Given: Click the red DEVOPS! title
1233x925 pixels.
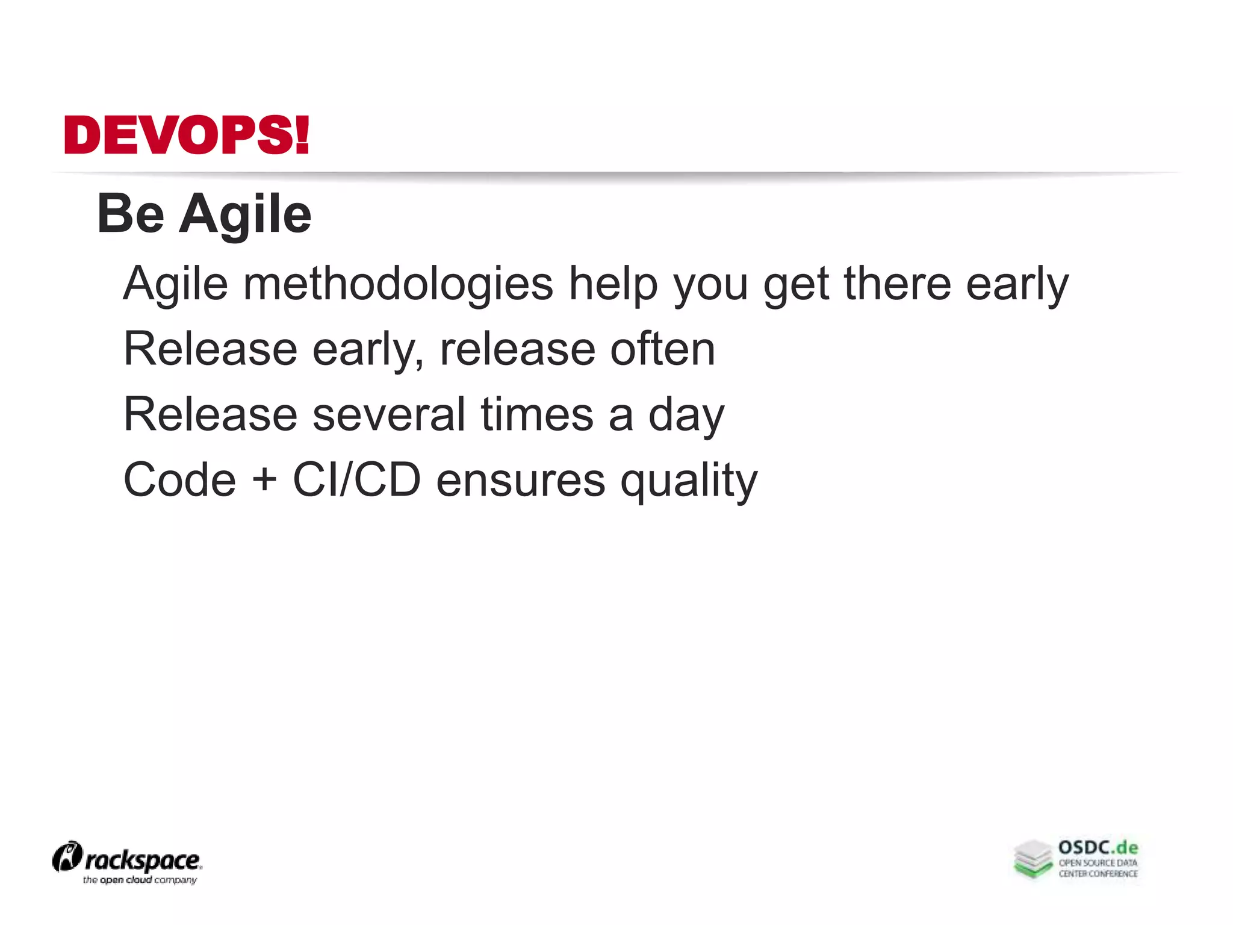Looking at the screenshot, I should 187,135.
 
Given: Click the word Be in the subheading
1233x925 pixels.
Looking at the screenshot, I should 131,214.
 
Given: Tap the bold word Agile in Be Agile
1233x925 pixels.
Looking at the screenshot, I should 245,216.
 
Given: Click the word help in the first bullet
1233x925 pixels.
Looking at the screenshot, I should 613,284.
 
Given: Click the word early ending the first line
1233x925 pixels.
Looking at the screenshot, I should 1017,284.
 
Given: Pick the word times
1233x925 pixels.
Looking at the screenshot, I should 537,414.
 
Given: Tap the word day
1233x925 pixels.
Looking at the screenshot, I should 686,416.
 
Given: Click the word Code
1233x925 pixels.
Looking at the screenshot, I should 179,480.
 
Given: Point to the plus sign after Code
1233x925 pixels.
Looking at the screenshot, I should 264,481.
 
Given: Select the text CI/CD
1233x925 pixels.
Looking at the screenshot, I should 356,480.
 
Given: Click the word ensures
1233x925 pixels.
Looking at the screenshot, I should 520,481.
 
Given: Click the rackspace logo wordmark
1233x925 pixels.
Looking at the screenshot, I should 143,861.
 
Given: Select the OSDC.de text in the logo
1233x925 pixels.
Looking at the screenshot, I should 1098,848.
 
